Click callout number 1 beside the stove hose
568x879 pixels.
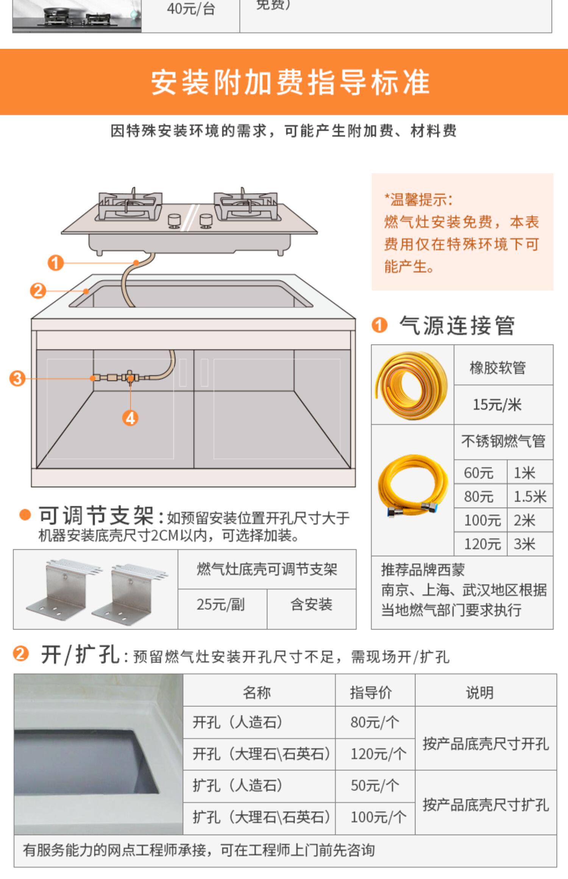pyautogui.click(x=56, y=263)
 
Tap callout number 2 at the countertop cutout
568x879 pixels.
pyautogui.click(x=38, y=291)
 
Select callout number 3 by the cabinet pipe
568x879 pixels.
pyautogui.click(x=17, y=378)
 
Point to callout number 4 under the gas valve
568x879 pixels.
pyautogui.click(x=130, y=418)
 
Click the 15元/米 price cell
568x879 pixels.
pyautogui.click(x=497, y=405)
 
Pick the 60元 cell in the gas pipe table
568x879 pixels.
pyautogui.click(x=479, y=472)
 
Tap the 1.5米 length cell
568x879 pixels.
pyautogui.click(x=529, y=496)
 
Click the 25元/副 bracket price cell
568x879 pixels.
pyautogui.click(x=221, y=605)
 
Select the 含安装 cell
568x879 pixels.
pyautogui.click(x=311, y=605)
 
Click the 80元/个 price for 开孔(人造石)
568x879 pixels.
pyautogui.click(x=375, y=722)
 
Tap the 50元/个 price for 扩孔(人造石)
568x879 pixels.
pyautogui.click(x=375, y=785)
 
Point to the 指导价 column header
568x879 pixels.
pyautogui.click(x=371, y=693)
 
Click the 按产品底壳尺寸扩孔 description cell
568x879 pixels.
pyautogui.click(x=485, y=802)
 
